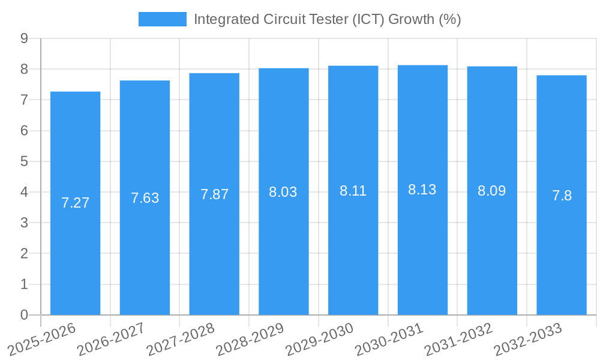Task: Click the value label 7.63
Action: (x=145, y=198)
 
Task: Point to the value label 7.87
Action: (x=214, y=194)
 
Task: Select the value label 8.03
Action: (x=283, y=192)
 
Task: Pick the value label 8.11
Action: (x=353, y=191)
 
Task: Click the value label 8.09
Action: (x=492, y=191)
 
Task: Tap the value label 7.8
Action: (x=562, y=196)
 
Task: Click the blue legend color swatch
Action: (x=162, y=19)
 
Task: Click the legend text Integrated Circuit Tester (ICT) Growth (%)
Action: (x=327, y=19)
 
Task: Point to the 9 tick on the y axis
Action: (x=24, y=38)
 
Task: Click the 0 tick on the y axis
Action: (x=24, y=315)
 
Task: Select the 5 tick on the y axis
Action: (x=24, y=161)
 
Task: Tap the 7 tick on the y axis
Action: (x=24, y=100)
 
